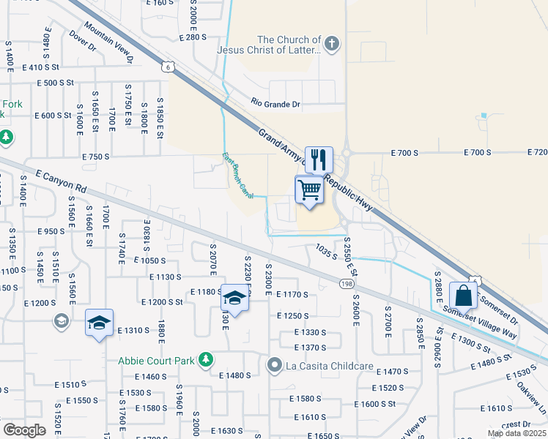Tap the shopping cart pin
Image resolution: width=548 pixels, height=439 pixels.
coord(310,190)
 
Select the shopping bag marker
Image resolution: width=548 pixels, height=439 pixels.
coord(463,296)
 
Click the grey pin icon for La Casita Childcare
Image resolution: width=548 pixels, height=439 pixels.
coord(275,364)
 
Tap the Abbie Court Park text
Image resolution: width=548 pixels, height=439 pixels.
coord(159,359)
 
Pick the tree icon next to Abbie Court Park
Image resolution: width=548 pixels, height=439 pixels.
coord(207,359)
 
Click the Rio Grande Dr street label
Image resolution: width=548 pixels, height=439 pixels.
coord(276,104)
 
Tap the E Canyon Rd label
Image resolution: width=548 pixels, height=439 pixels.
coord(61,181)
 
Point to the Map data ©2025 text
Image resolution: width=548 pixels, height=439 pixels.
coord(517,433)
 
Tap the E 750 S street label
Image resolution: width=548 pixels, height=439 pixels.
coord(95,157)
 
